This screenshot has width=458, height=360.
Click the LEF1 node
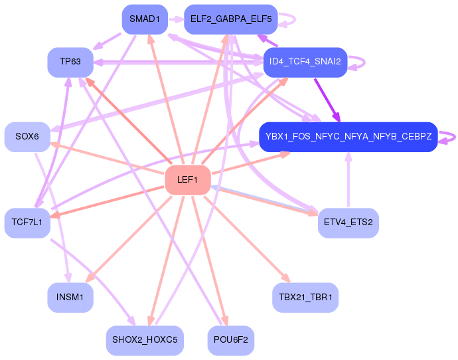(x=187, y=179)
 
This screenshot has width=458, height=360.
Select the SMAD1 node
(x=144, y=19)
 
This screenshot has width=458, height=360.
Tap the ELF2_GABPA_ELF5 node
(x=230, y=19)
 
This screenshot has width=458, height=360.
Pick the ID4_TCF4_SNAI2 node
(x=305, y=62)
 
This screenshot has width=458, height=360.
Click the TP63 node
(x=70, y=62)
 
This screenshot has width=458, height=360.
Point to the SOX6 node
(x=27, y=136)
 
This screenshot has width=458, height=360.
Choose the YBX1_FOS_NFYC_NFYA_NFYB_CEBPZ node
(x=348, y=137)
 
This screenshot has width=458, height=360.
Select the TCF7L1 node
(x=27, y=222)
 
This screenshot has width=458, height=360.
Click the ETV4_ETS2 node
(x=348, y=222)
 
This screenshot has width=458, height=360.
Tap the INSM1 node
(x=70, y=297)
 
